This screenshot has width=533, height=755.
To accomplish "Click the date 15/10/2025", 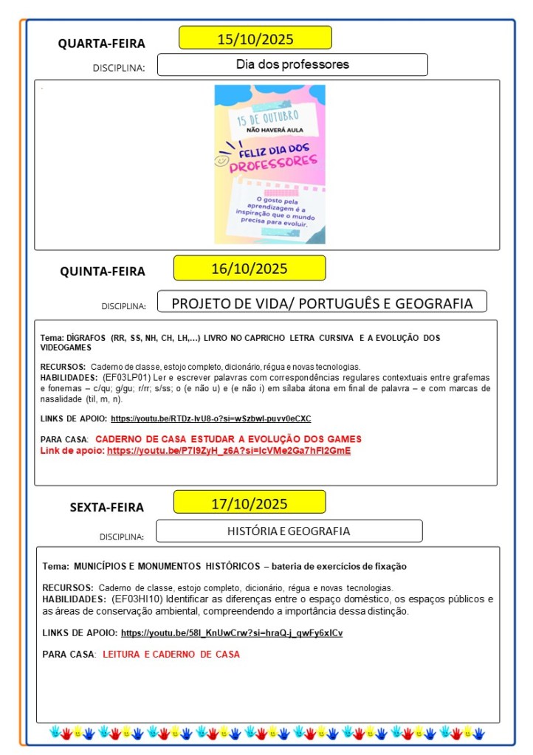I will point(255,38).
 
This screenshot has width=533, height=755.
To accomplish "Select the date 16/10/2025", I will point(250,268).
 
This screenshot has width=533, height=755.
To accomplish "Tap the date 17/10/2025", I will point(250,504).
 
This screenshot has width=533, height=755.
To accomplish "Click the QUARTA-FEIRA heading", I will point(102,44).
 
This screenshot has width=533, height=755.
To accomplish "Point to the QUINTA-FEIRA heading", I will point(103,271).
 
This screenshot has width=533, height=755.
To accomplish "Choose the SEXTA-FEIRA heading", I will point(107,507).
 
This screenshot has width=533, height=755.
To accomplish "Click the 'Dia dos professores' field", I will point(292,64).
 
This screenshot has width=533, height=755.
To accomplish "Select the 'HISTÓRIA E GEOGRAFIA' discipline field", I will point(289,531).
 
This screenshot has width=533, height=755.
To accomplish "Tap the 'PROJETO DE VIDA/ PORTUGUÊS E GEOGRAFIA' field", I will point(322,303).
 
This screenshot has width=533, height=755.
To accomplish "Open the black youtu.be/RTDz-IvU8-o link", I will point(210,418).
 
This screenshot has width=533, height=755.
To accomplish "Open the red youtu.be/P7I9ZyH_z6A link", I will point(229,450).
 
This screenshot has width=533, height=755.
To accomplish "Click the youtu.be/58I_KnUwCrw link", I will point(232,633).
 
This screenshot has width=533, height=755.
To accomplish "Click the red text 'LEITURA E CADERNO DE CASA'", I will point(171,654).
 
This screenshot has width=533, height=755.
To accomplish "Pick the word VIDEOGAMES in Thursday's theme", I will point(66,347).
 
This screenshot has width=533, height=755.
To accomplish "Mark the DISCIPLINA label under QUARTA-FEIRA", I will point(119,68).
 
